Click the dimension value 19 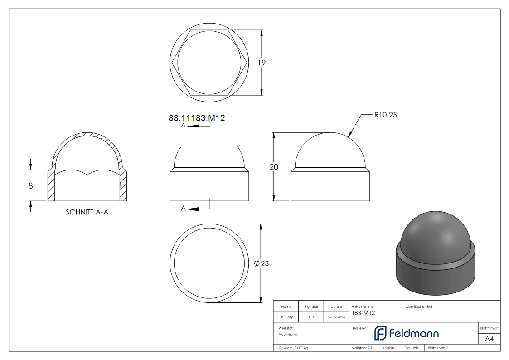[x=262, y=63]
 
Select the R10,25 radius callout [x=385, y=115]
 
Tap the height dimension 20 [x=274, y=167]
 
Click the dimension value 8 [x=31, y=185]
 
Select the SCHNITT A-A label [x=87, y=212]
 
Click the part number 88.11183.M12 [x=197, y=118]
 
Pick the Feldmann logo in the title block [x=406, y=333]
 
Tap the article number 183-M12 [x=363, y=313]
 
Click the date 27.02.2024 [x=336, y=317]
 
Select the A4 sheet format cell [x=489, y=339]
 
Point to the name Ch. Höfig [x=286, y=317]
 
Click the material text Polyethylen [x=288, y=335]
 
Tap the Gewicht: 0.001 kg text [x=293, y=348]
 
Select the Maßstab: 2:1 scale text [x=362, y=348]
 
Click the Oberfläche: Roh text [x=419, y=307]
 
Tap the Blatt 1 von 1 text [x=438, y=348]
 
